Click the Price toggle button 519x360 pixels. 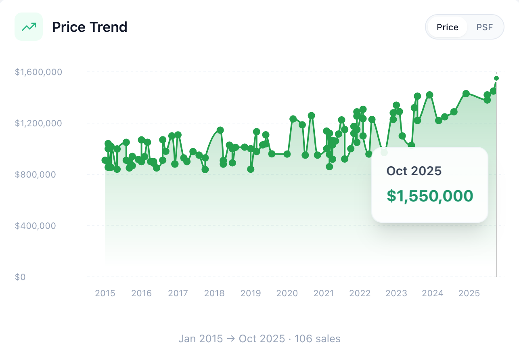tap(447, 27)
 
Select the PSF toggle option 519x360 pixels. tap(485, 27)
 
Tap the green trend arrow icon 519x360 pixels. tap(29, 27)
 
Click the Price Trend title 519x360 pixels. tap(90, 27)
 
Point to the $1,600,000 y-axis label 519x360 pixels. tap(38, 72)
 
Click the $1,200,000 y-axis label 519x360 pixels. tap(38, 123)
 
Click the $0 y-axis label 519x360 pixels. tap(20, 277)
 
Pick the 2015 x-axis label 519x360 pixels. tap(105, 293)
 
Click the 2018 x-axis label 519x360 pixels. tap(214, 293)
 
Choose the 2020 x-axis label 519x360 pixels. tap(287, 293)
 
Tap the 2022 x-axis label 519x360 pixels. tap(360, 293)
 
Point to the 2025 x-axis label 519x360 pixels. tap(469, 293)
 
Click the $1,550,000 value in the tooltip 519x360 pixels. tap(430, 196)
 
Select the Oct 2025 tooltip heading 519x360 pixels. tap(414, 171)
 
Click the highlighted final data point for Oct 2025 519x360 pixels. tap(496, 78)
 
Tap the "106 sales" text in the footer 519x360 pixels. tap(317, 339)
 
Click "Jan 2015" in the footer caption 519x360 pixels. tap(201, 339)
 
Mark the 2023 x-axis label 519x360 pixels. tap(396, 293)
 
